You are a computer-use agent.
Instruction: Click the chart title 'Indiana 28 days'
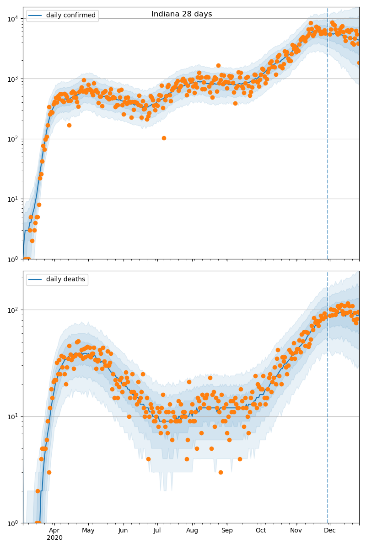182,14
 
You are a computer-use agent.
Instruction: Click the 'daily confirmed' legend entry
70,16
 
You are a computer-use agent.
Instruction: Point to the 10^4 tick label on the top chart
12,19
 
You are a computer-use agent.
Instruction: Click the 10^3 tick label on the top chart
12,79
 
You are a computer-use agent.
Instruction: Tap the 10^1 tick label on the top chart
12,199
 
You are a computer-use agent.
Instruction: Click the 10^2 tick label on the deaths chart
12,310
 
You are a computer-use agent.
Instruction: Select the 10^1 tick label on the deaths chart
12,416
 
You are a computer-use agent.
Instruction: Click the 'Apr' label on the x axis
54,530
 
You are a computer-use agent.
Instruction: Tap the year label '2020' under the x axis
54,537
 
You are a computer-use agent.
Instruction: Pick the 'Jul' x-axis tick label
157,530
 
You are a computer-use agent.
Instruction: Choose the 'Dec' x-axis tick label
330,530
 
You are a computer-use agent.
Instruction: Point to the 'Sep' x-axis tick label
227,530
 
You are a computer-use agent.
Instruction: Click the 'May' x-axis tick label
88,530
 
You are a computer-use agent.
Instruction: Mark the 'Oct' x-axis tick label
261,530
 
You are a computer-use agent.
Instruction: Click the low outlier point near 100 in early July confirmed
164,138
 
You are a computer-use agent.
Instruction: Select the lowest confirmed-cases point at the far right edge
359,63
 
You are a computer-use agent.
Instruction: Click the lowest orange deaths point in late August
221,472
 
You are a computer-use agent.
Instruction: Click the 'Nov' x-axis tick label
296,530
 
